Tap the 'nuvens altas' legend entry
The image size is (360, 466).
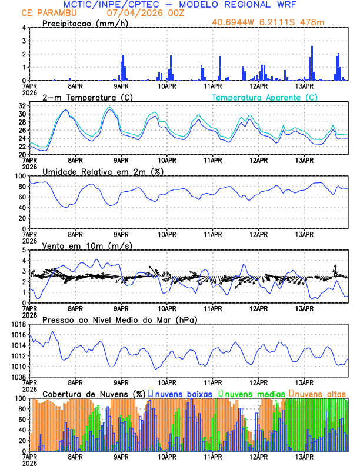[320, 393]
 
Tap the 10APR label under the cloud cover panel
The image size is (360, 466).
[167, 457]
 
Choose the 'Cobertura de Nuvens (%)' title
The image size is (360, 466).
[94, 393]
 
